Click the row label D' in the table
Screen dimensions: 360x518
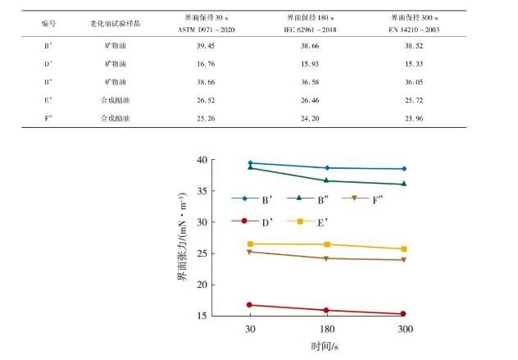[x=48, y=64]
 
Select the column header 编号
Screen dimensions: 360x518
[x=48, y=23]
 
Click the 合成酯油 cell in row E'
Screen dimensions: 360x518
[x=114, y=100]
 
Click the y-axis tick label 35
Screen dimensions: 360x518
[x=202, y=191]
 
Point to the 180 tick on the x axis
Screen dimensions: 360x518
[x=327, y=329]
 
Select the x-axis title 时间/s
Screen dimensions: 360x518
[x=325, y=346]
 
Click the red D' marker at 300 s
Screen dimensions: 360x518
[x=403, y=314]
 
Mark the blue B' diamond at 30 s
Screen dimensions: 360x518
[x=250, y=163]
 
